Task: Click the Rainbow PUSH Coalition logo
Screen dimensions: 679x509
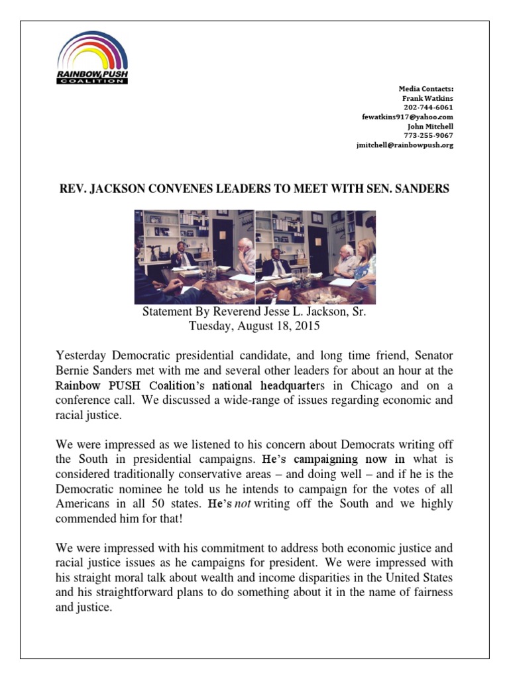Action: pyautogui.click(x=92, y=58)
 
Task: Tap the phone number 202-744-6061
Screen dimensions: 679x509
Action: pyautogui.click(x=428, y=107)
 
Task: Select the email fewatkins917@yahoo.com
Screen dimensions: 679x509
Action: pyautogui.click(x=408, y=117)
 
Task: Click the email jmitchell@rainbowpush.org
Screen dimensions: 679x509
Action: pyautogui.click(x=405, y=145)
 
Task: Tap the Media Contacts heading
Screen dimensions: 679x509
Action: pyautogui.click(x=426, y=89)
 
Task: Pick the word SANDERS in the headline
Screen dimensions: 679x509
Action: pyautogui.click(x=422, y=189)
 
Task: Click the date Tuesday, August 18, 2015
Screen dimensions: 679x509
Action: pyautogui.click(x=254, y=326)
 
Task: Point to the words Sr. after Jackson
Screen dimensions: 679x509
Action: pyautogui.click(x=357, y=312)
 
